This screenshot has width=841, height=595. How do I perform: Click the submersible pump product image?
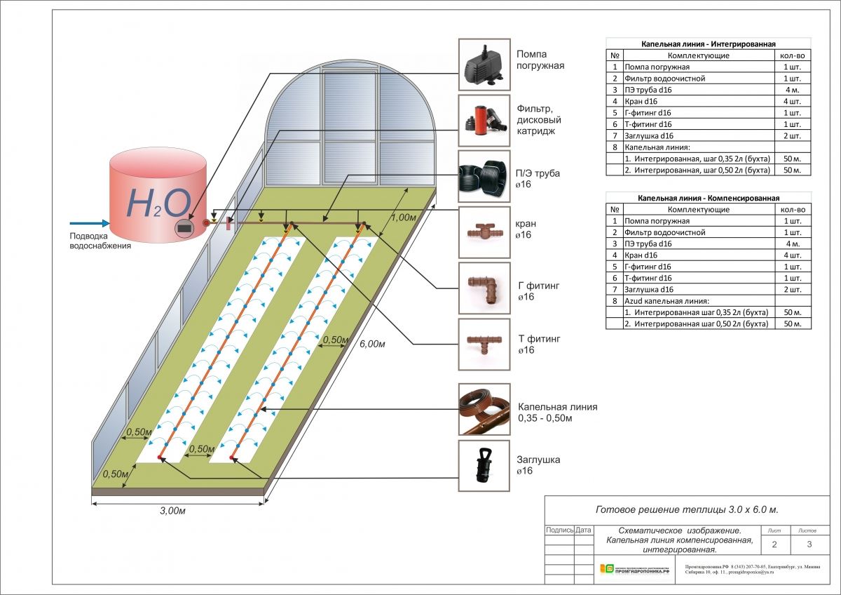[484, 64]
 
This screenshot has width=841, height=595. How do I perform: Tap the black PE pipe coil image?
[484, 176]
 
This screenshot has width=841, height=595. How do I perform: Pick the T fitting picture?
[484, 344]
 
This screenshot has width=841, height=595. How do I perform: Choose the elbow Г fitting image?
[484, 288]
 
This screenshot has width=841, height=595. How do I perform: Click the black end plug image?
[484, 465]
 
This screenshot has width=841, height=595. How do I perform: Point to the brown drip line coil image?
[484, 409]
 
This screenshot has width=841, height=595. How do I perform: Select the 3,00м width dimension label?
[172, 510]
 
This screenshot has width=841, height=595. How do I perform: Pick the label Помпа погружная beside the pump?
[540, 60]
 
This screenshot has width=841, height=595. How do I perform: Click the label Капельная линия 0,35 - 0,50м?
[557, 413]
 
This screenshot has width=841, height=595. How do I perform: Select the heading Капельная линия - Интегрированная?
[709, 44]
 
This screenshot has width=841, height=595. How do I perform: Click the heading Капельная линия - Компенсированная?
[709, 198]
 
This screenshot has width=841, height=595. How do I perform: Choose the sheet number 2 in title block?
[774, 544]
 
